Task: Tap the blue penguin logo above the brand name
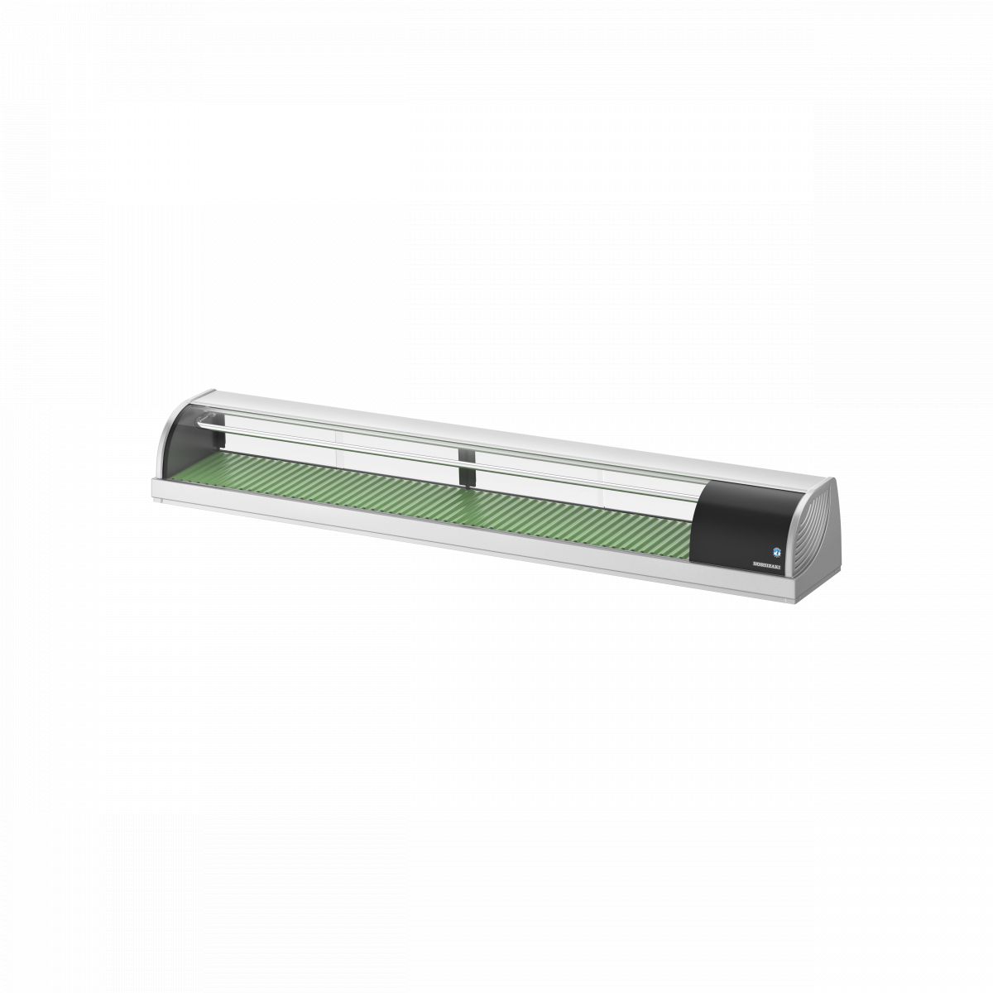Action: (x=777, y=549)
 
